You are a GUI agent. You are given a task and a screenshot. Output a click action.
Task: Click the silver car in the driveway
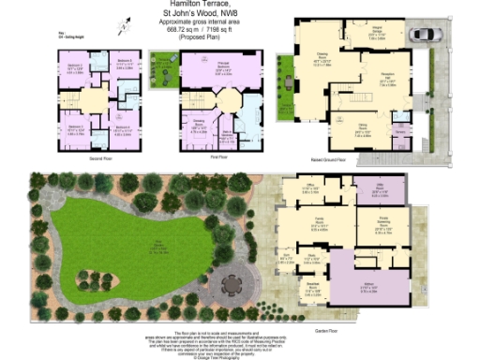422,35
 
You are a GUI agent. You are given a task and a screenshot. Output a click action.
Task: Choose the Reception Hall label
384,81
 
